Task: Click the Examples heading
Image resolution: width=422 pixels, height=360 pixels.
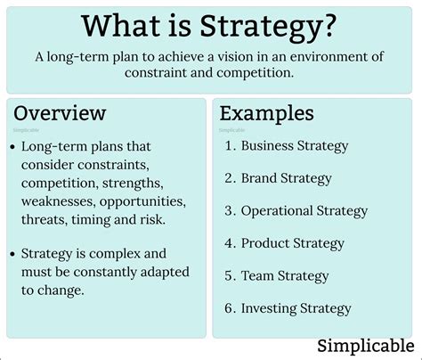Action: [266, 113]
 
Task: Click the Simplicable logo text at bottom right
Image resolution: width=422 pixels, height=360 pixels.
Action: [366, 344]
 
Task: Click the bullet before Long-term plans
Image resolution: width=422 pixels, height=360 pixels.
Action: [13, 147]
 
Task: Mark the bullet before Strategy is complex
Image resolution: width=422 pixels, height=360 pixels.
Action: [13, 254]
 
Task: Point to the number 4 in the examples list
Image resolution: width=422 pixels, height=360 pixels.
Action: [229, 243]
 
